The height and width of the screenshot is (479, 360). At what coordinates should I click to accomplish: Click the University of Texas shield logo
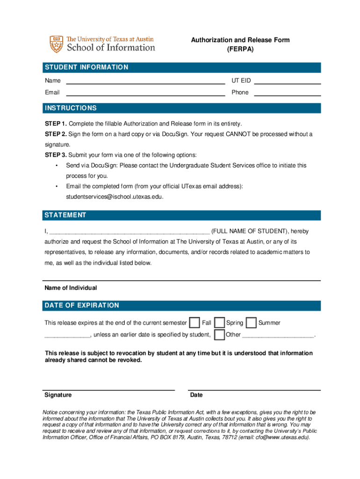[56, 44]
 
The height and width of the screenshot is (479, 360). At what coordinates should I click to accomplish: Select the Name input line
[145, 81]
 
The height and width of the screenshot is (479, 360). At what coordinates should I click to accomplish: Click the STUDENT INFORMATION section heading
[86, 67]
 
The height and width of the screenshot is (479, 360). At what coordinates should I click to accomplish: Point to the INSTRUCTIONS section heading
[71, 108]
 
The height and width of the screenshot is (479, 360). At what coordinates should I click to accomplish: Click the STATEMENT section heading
[65, 215]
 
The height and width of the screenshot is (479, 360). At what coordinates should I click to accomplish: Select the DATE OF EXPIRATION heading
[82, 305]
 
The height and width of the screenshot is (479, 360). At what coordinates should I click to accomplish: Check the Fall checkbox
[194, 323]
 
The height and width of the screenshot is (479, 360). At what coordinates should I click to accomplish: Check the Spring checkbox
[219, 323]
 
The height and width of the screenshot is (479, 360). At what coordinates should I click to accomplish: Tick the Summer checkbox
[251, 323]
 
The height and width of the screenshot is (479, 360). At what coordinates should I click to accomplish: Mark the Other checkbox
[219, 335]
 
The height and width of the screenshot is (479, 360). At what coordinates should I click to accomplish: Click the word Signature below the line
[58, 395]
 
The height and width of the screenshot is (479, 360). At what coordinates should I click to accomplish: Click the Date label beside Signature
[196, 395]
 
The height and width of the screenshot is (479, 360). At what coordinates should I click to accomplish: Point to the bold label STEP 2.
[56, 134]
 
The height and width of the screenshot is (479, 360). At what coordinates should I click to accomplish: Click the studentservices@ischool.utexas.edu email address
[115, 197]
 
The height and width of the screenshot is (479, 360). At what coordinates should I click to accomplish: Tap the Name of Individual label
[71, 288]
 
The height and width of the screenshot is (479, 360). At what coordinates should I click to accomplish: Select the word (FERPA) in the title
[240, 49]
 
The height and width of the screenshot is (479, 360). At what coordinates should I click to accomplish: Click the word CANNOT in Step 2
[239, 134]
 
